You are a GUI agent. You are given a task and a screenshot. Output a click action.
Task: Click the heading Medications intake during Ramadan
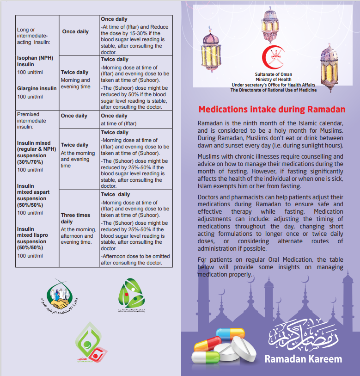(272, 110)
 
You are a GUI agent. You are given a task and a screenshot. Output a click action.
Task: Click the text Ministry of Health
(274, 80)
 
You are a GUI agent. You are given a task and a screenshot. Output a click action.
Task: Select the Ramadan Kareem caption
(303, 359)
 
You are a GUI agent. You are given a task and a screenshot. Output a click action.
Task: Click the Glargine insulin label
(37, 88)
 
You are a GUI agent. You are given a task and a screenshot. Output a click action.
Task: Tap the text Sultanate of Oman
(274, 74)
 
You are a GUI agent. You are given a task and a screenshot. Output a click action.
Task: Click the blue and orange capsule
(230, 335)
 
